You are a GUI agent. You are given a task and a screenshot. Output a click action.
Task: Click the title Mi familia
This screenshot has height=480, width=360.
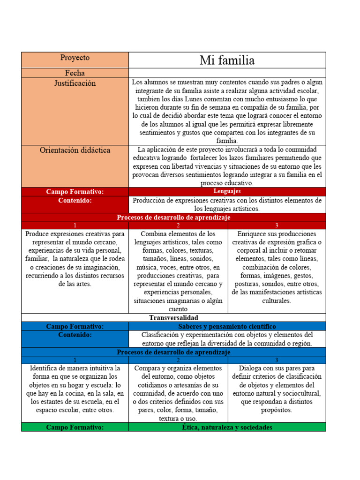[x=227, y=60]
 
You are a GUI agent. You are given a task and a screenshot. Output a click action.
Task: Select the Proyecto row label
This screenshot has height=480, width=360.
[x=75, y=58]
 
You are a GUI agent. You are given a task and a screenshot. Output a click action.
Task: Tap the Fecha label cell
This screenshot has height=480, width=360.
[x=75, y=73]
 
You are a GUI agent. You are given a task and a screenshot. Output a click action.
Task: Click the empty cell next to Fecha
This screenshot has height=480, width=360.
[x=227, y=73]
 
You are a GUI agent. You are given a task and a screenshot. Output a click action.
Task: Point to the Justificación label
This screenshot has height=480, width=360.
[x=75, y=83]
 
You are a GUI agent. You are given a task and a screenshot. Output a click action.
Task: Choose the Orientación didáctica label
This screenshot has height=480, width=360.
[x=75, y=150]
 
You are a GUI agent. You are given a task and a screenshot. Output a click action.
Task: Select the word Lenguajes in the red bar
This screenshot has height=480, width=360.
[x=227, y=191]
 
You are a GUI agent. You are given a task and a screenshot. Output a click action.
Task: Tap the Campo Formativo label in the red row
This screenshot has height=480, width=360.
[x=75, y=192]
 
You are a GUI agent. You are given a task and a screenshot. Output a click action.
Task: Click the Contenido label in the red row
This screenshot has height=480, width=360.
[x=75, y=201]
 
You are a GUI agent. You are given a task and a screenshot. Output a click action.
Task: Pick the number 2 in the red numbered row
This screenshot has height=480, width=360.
[x=178, y=225]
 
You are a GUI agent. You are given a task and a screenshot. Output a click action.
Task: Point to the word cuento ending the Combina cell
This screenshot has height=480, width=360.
[x=178, y=309]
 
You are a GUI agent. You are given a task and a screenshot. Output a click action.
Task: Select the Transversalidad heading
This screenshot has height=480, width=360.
[x=173, y=318]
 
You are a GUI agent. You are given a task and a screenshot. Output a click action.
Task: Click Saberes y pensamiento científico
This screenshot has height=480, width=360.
[x=227, y=326]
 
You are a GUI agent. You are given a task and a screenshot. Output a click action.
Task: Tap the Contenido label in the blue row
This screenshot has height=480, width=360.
[x=75, y=335]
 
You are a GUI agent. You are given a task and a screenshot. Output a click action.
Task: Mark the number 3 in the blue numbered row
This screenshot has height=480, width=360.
[x=277, y=360]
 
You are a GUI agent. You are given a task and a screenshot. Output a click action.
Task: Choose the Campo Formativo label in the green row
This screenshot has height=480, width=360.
[x=75, y=427]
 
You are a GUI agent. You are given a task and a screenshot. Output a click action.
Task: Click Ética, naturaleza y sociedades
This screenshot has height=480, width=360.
[x=227, y=427]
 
